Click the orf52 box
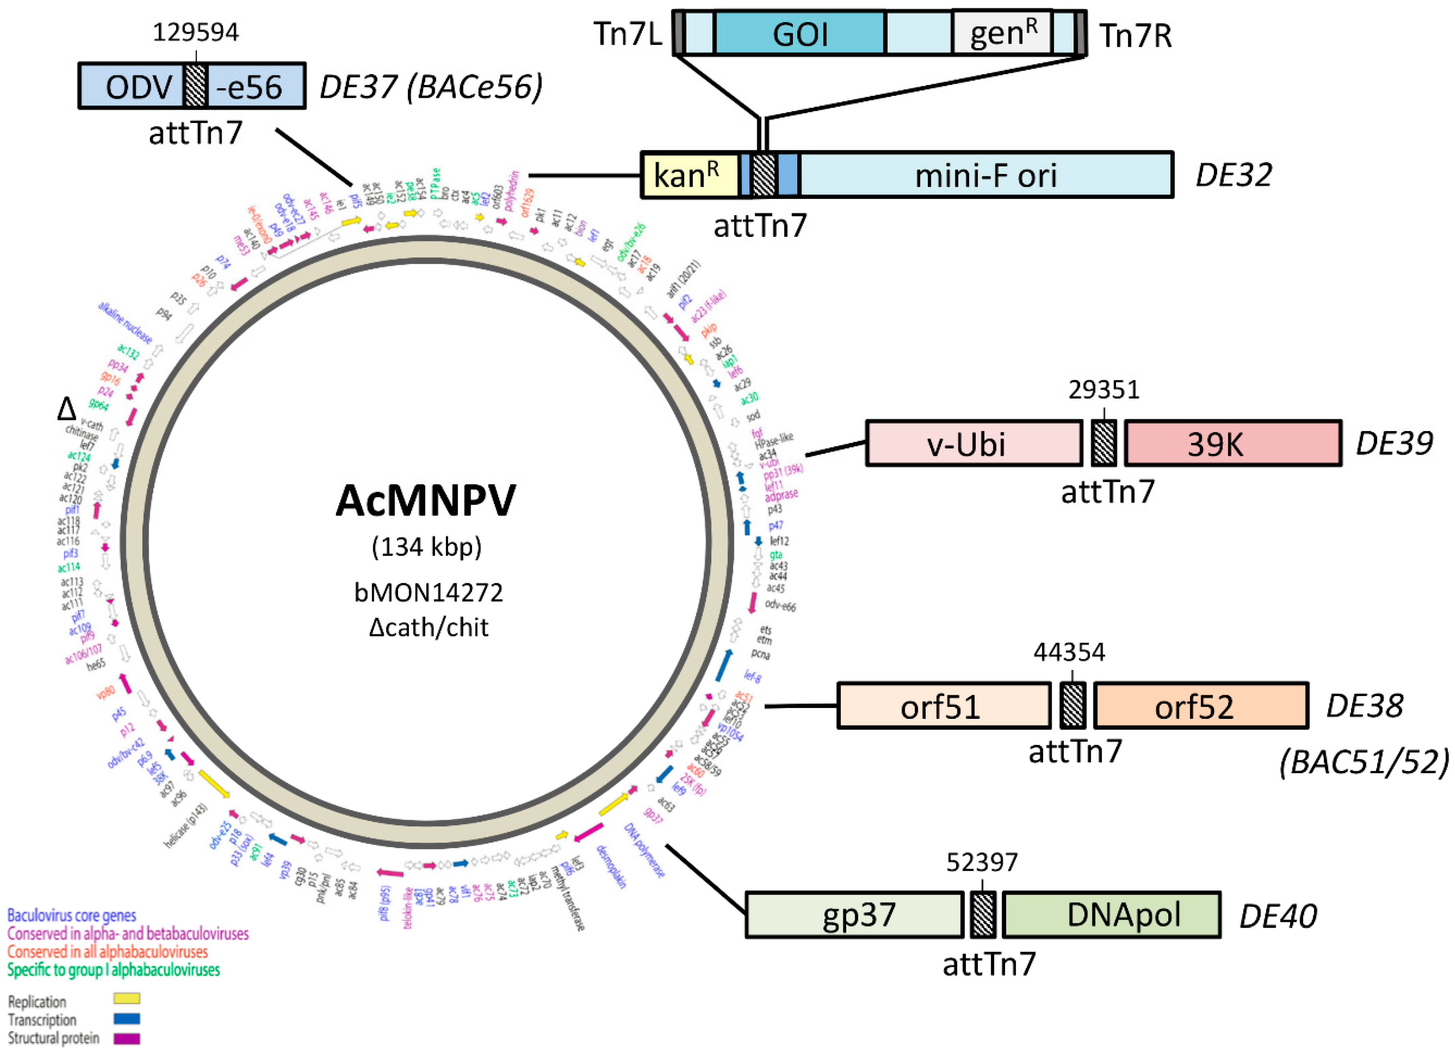tap(1200, 706)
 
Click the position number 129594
tap(196, 32)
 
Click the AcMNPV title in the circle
tap(426, 501)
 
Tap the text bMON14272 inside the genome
tap(429, 592)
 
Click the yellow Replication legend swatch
tap(126, 999)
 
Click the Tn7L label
tap(627, 34)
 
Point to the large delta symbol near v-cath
tap(67, 409)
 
